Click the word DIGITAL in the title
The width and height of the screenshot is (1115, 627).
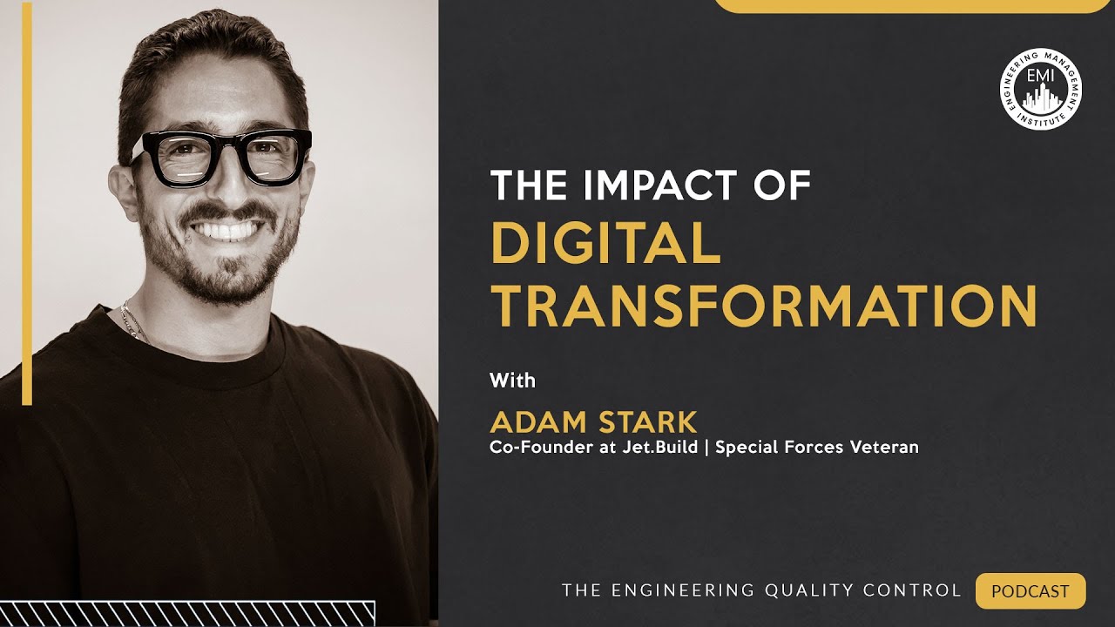pos(606,244)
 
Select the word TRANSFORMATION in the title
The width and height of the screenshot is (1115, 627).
pos(764,306)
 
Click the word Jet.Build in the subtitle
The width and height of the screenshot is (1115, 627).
pos(666,448)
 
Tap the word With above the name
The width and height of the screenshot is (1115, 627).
pos(512,381)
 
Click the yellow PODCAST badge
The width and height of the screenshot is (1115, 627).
pos(1031,591)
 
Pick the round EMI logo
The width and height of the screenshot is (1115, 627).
pos(1040,90)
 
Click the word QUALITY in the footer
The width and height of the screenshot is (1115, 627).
pos(811,591)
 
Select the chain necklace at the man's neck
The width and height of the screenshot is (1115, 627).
pos(132,323)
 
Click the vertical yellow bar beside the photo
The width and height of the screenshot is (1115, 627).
pos(27,204)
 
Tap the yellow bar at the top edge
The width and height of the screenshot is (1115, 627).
pos(909,5)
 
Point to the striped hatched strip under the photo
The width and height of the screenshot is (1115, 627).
pos(187,613)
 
